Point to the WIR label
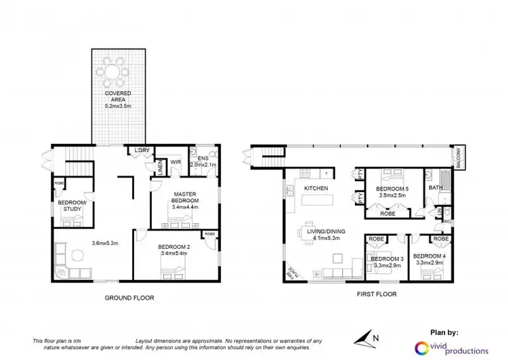pyautogui.click(x=175, y=162)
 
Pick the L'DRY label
pyautogui.click(x=142, y=149)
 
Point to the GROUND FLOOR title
pyautogui.click(x=129, y=297)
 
